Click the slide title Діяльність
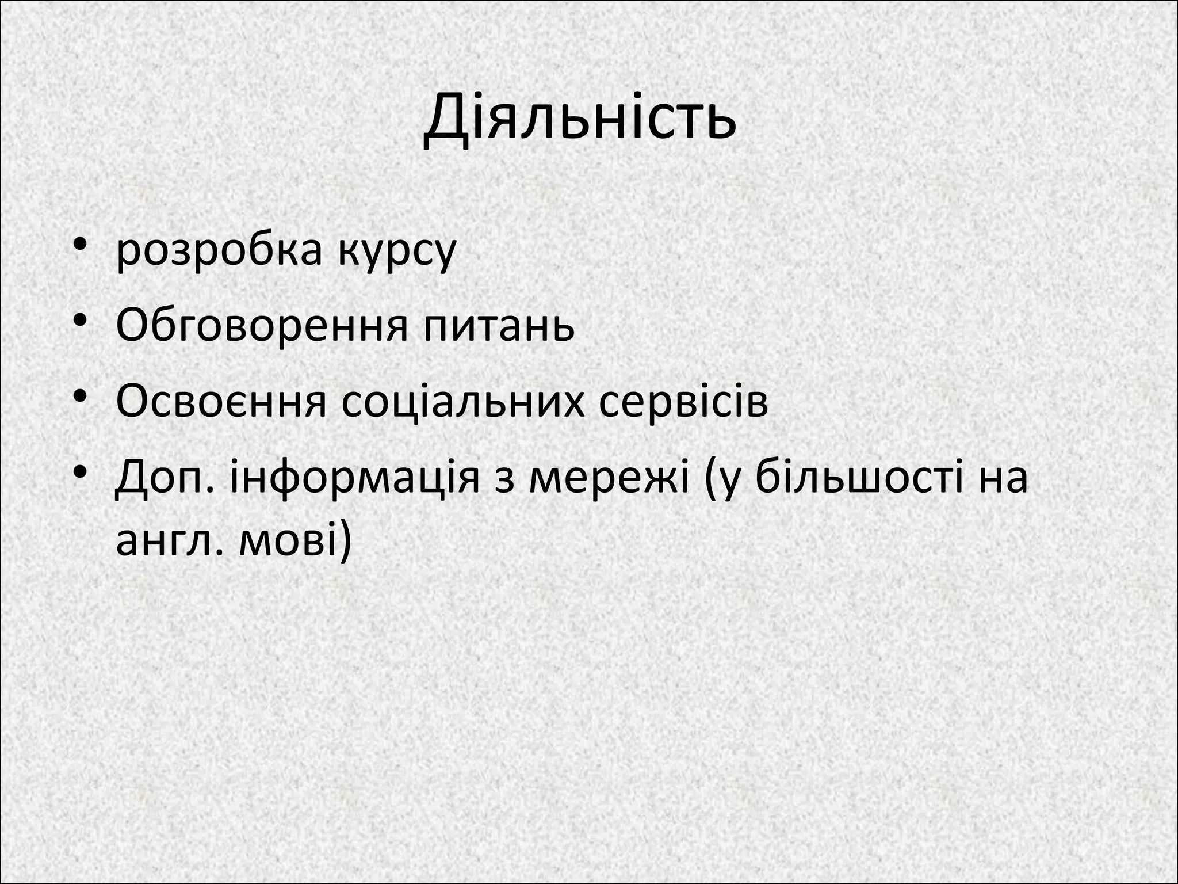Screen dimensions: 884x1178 (x=580, y=119)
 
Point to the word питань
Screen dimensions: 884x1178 (x=499, y=325)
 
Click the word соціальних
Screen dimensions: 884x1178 (x=461, y=401)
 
